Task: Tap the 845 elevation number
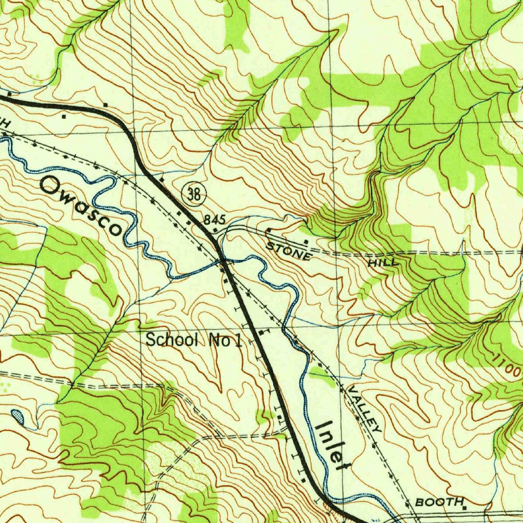pyautogui.click(x=215, y=220)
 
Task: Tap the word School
pyautogui.click(x=172, y=340)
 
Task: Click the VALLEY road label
pyautogui.click(x=364, y=409)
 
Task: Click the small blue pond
pyautogui.click(x=18, y=416)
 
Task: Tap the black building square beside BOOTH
pyautogui.click(x=464, y=508)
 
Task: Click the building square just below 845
pyautogui.click(x=215, y=230)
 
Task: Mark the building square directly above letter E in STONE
pyautogui.click(x=305, y=241)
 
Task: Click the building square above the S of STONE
pyautogui.click(x=268, y=231)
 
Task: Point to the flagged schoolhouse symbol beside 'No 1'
pyautogui.click(x=262, y=332)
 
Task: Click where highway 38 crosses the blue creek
pyautogui.click(x=224, y=261)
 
